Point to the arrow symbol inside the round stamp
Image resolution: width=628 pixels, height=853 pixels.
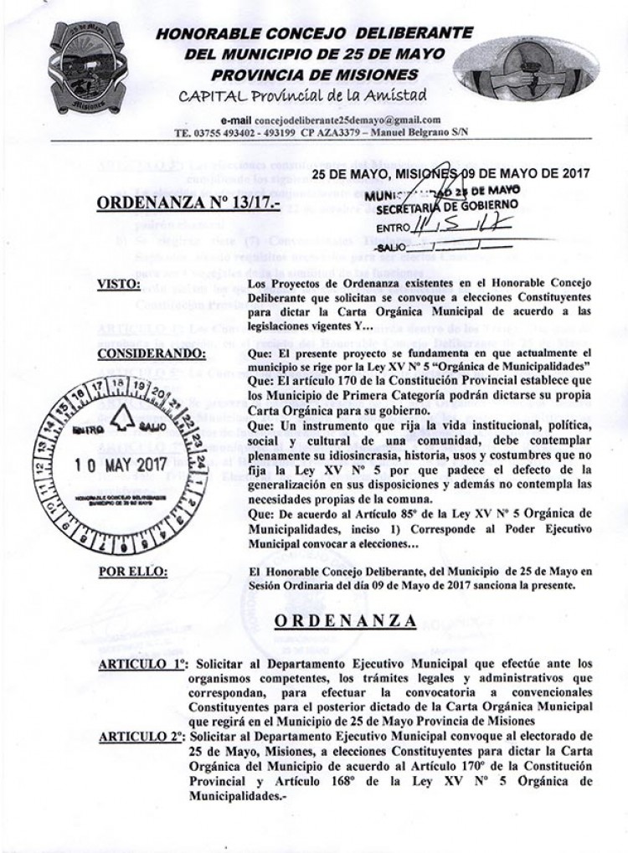[122, 422]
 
